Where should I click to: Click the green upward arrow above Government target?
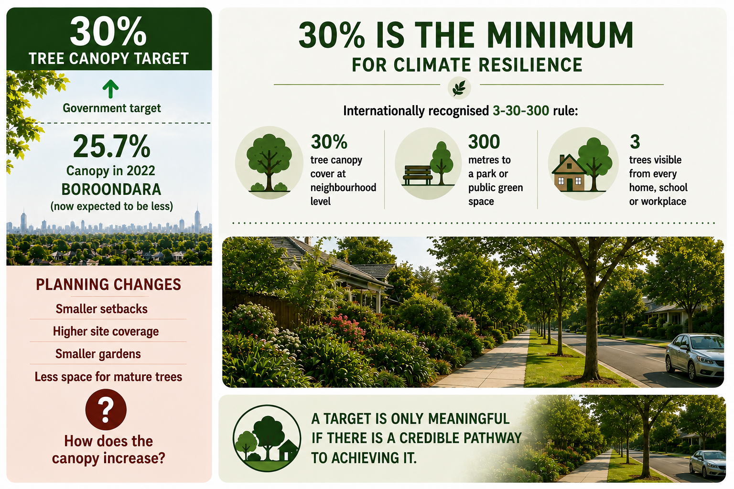point(110,89)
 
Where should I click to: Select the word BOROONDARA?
point(111,189)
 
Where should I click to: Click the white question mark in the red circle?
point(106,410)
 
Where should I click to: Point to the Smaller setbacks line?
point(102,309)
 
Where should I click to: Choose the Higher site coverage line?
point(106,331)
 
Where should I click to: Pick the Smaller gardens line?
point(98,354)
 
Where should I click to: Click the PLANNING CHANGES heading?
point(108,284)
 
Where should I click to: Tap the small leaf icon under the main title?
point(459,88)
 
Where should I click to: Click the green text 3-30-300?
point(521,111)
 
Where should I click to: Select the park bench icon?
point(418,176)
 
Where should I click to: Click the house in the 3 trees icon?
point(569,173)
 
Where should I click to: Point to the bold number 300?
point(484,142)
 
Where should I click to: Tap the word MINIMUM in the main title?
point(560,35)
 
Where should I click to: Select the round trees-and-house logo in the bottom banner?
point(267,438)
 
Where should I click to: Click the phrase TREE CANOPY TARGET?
point(108,59)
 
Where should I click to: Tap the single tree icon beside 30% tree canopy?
point(269,162)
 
